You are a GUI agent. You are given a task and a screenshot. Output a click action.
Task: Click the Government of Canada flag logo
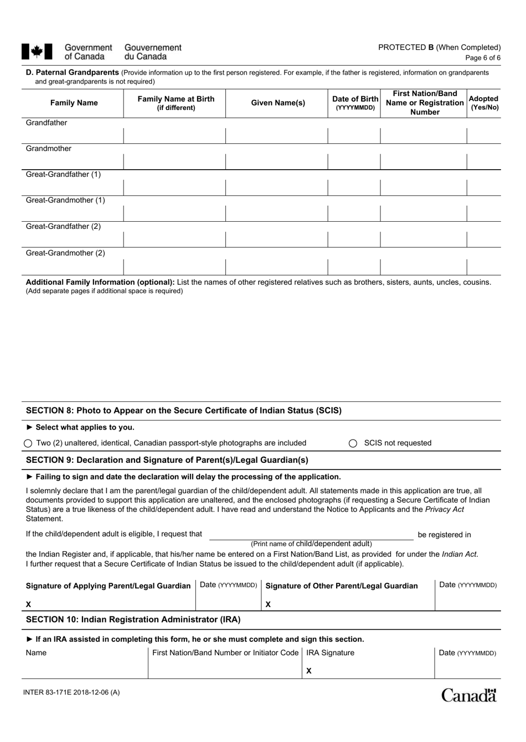pos(37,51)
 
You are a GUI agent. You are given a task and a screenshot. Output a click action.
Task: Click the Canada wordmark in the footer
pos(468,695)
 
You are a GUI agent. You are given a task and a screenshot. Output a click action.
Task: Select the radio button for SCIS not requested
pos(353,443)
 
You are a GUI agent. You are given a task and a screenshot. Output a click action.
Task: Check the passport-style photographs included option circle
pos(28,443)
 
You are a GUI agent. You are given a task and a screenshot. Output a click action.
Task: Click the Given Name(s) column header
pos(278,103)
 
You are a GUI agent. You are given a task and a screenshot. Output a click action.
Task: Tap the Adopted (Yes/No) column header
pos(483,103)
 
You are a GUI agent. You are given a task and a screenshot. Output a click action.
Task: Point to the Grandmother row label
pos(49,149)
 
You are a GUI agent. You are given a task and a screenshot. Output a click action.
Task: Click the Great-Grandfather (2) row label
pos(63,226)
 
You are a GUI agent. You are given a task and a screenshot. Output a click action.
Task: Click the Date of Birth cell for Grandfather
pos(354,135)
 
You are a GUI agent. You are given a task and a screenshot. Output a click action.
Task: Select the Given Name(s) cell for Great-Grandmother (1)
pos(276,213)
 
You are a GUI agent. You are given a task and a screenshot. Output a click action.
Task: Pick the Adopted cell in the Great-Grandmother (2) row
pos(483,267)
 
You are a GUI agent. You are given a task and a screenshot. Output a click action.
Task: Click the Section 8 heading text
pos(184,411)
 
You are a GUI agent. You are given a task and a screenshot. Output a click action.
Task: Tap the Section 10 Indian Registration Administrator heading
pos(133,619)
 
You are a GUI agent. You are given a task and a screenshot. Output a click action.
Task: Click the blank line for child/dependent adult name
pos(311,535)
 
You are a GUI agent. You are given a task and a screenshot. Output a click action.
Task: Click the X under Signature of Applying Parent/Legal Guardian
pos(29,604)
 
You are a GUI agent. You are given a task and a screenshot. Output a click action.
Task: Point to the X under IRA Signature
pos(309,671)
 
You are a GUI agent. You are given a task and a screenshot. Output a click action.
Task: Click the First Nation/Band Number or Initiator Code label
pos(225,653)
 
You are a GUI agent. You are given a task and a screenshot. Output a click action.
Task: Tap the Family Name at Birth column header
pos(176,103)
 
